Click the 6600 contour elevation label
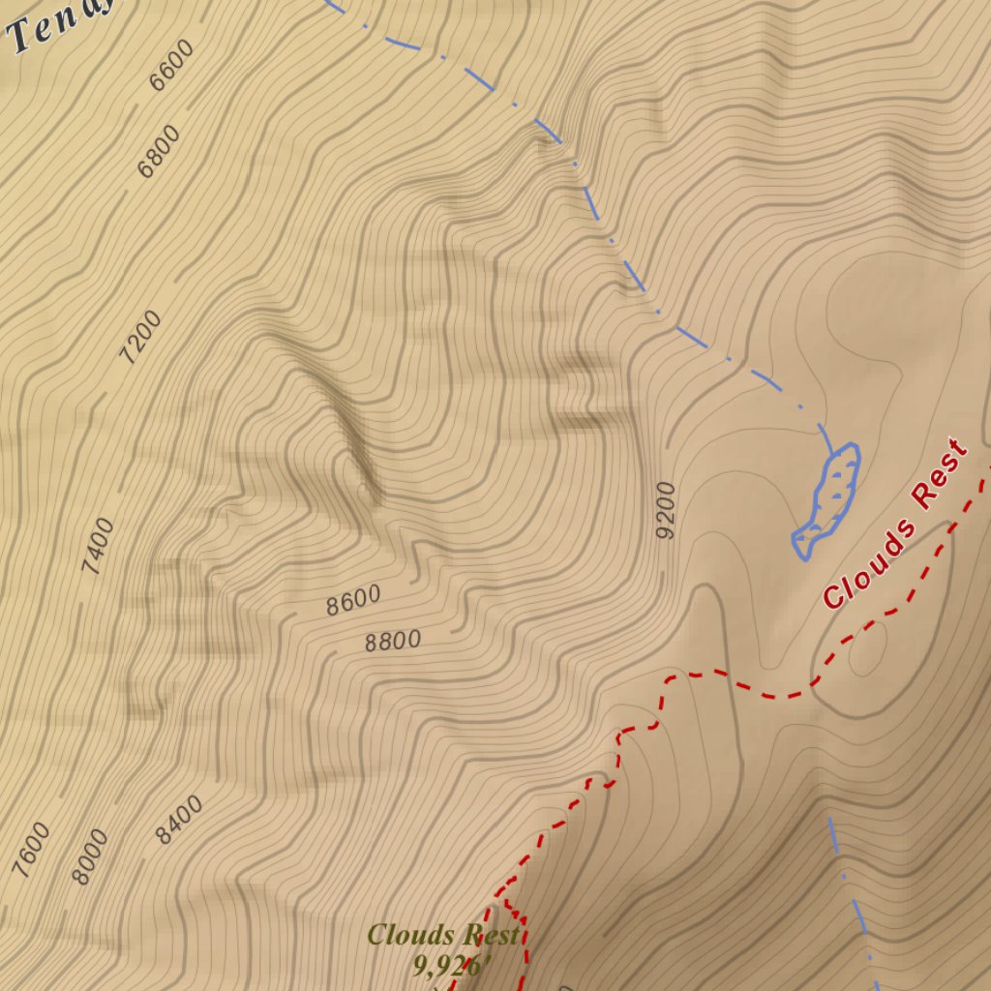click(x=171, y=66)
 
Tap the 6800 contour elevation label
click(x=159, y=152)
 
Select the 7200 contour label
click(x=140, y=338)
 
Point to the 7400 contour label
click(x=98, y=547)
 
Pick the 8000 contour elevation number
click(x=91, y=856)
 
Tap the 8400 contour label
click(x=180, y=820)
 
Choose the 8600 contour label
click(x=353, y=601)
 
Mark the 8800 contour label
click(x=393, y=641)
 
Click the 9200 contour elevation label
click(x=665, y=510)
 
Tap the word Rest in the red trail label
click(x=940, y=474)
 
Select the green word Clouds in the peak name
click(x=411, y=935)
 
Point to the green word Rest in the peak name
click(x=491, y=935)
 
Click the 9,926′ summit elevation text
click(x=454, y=965)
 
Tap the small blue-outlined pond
click(x=827, y=500)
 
